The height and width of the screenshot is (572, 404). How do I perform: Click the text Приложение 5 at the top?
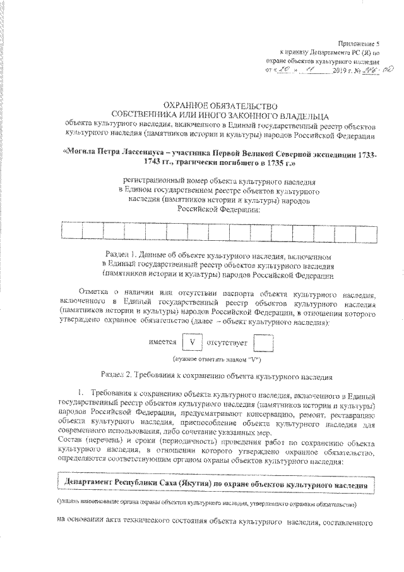click(357, 40)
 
